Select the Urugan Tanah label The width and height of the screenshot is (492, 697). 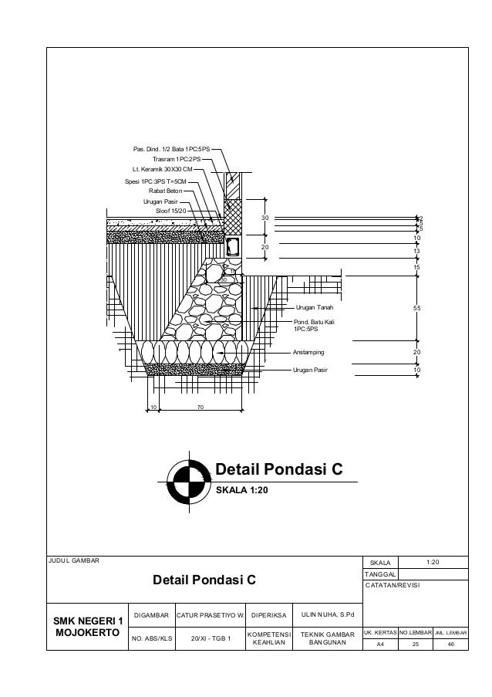[314, 307]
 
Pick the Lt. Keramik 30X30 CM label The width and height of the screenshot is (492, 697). [162, 168]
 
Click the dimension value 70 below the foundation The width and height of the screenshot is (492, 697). [200, 407]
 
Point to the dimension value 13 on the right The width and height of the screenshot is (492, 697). [416, 251]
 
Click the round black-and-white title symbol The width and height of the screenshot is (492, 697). [188, 479]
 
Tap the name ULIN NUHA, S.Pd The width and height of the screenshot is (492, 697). [327, 616]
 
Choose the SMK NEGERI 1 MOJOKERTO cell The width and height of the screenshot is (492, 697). [86, 627]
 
